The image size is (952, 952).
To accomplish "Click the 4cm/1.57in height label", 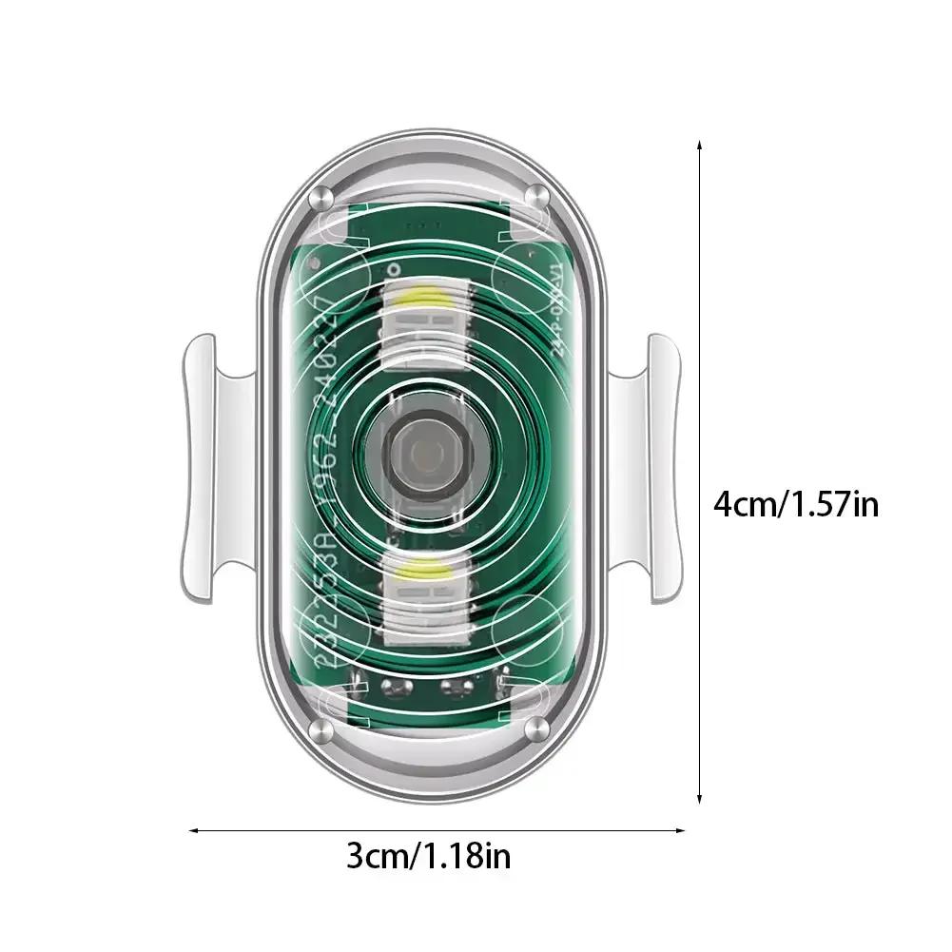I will (796, 501).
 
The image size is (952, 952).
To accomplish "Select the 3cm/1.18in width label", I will (428, 857).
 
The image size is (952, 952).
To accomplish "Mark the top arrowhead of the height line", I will (700, 146).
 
